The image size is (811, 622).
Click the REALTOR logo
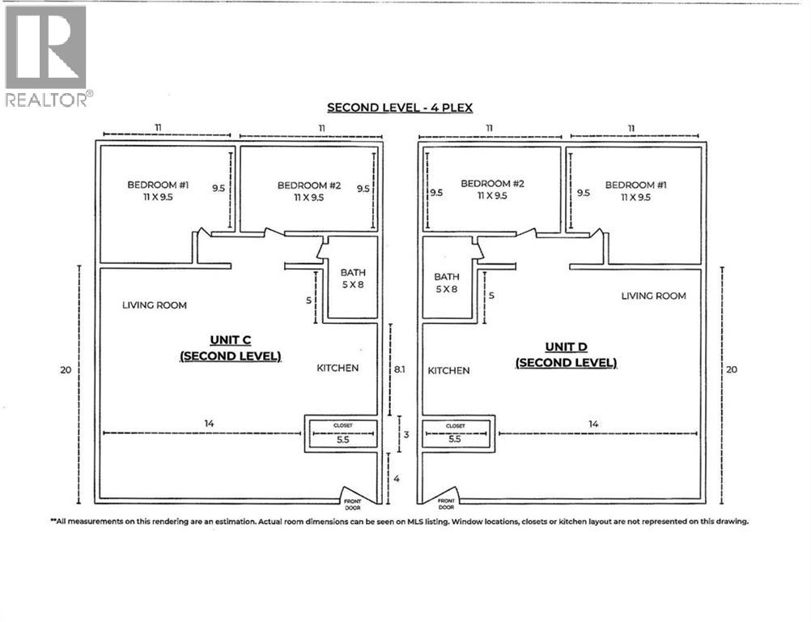tap(46, 55)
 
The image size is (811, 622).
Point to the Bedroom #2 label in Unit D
tap(493, 190)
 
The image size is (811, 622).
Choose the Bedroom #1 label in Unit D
tap(636, 190)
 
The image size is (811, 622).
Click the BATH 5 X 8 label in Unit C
tap(352, 279)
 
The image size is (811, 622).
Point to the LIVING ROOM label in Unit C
tap(155, 305)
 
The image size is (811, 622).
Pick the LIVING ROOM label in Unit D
tap(653, 296)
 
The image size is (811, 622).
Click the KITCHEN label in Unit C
tap(338, 368)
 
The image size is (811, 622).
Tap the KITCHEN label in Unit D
tap(448, 370)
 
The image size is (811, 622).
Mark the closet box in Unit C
tap(342, 434)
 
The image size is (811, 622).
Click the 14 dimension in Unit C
tap(209, 424)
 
